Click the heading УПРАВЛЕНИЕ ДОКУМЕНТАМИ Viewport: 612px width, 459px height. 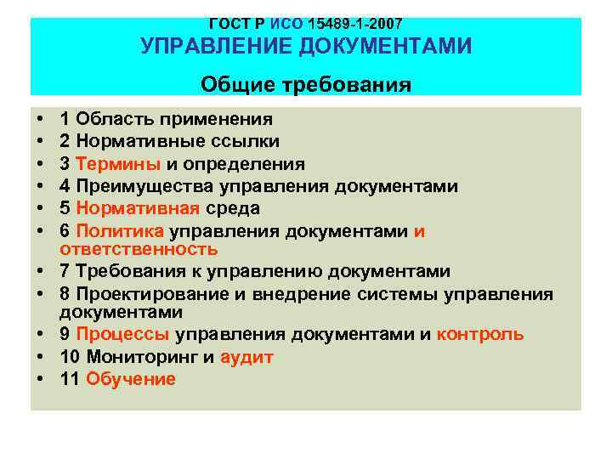tap(305, 47)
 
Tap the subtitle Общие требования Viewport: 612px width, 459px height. tap(305, 85)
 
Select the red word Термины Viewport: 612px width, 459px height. tap(110, 163)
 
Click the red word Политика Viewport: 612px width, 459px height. tap(120, 230)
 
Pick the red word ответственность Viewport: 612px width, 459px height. tap(139, 249)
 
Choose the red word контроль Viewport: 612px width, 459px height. tap(480, 334)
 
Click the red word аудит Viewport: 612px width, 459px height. tap(246, 357)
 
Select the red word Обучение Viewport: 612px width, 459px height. tap(131, 379)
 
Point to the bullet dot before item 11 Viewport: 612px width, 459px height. tap(40, 379)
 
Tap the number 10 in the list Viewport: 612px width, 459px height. tap(71, 357)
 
